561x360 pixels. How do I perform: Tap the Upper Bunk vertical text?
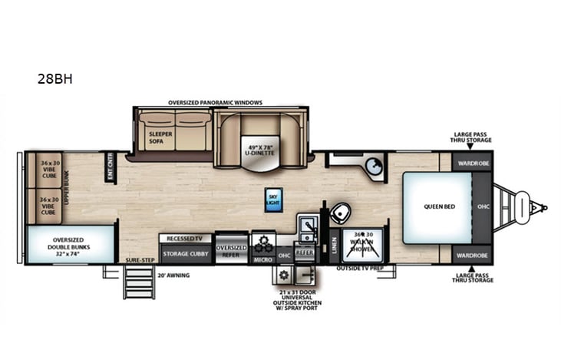66,187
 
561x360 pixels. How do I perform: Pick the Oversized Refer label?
231,251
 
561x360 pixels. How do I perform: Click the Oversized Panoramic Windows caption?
216,103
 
